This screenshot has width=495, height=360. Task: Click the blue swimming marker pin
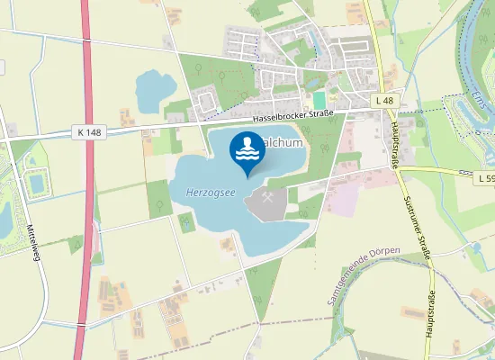[247, 151]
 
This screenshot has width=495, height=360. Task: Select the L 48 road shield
[386, 101]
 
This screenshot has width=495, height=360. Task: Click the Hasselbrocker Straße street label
[292, 113]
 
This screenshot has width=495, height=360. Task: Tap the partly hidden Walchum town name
[284, 143]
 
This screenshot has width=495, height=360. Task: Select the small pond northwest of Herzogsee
[155, 88]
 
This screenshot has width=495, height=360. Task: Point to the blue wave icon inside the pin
[247, 149]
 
